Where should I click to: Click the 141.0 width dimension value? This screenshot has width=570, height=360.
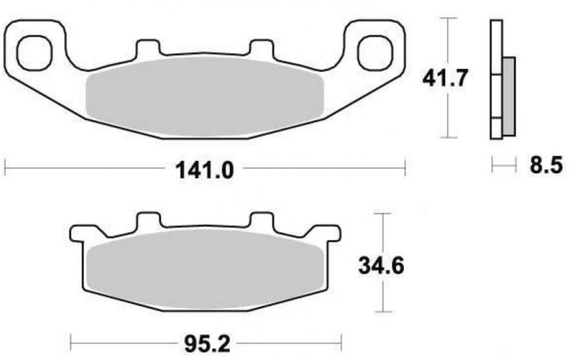(204, 171)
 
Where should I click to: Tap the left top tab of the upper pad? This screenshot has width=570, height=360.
(147, 48)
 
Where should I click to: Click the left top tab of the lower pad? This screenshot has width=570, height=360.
(148, 221)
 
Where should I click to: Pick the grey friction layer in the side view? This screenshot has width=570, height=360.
(509, 95)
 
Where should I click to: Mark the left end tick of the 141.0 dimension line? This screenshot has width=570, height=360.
(5, 168)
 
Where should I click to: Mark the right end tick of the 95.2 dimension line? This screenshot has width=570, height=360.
(341, 343)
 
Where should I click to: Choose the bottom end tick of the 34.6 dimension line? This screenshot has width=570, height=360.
(385, 312)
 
